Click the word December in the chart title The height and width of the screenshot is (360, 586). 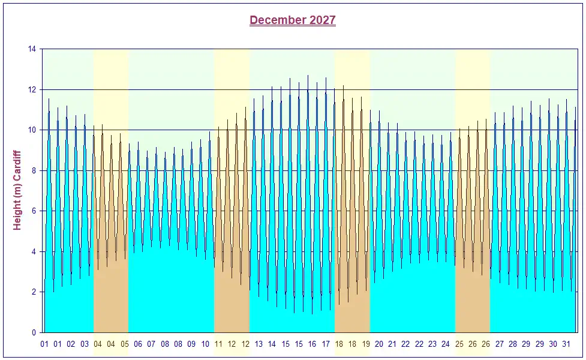[277, 20]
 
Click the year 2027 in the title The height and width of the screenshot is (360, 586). [323, 20]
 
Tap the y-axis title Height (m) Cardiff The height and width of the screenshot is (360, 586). [17, 190]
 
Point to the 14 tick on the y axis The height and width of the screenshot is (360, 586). [32, 49]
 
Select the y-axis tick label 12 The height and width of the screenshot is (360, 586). [32, 89]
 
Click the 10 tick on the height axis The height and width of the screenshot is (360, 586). [32, 130]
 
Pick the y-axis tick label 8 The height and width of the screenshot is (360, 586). [34, 170]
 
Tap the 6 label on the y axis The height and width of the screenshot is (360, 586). [34, 211]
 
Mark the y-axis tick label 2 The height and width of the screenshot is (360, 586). [34, 292]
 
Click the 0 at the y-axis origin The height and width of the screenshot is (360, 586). [34, 332]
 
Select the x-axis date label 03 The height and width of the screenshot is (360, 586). [85, 344]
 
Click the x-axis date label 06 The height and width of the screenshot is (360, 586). [138, 344]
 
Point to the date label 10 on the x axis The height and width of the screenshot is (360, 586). [205, 344]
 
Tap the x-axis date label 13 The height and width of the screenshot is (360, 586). [259, 344]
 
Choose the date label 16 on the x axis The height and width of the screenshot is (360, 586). [312, 344]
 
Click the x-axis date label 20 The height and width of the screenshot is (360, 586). [379, 344]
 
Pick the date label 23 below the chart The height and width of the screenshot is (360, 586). [432, 344]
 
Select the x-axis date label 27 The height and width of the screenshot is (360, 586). [500, 344]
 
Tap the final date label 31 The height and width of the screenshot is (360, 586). [566, 344]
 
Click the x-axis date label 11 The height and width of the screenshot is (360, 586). [218, 344]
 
